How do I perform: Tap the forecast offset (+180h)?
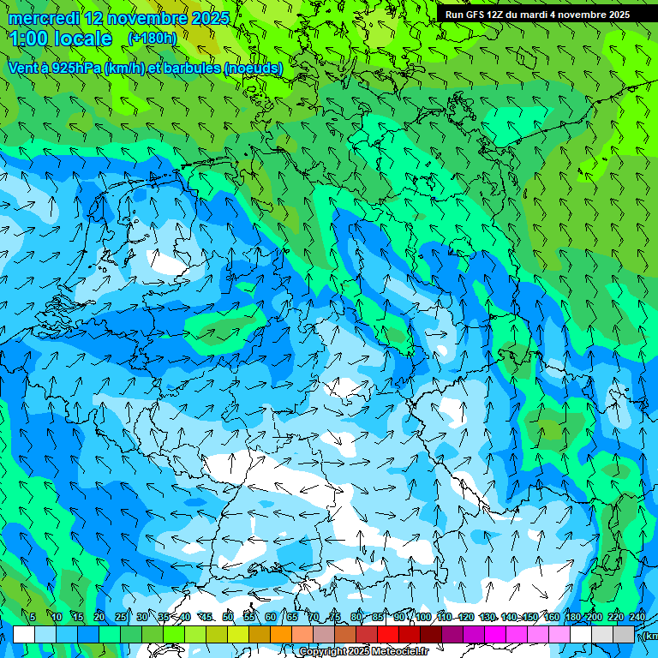pos(152,39)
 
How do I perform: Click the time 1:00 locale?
pos(62,39)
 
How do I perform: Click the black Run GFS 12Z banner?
pos(537,15)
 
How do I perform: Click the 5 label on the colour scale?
pos(33,617)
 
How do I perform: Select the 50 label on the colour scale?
pos(227,617)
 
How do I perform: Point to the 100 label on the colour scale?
pos(422,617)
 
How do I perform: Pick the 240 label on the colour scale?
pos(637,617)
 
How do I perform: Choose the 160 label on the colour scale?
pos(552,617)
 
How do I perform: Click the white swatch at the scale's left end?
pos(24,635)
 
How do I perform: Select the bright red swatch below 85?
pos(388,635)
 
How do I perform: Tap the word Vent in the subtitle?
pos(24,68)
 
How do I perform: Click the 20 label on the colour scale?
pos(99,617)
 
